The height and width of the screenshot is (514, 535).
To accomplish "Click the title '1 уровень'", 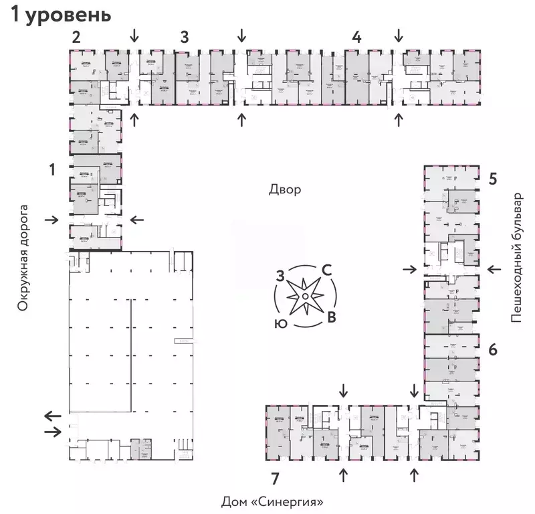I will [60, 15].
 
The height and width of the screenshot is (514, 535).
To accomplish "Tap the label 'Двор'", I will [285, 189].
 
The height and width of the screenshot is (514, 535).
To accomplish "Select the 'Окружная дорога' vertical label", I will [25, 258].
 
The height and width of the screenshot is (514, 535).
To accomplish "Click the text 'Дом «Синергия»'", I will [277, 501].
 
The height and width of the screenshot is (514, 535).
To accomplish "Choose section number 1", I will [51, 171].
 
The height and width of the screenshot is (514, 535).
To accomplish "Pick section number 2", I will [76, 37].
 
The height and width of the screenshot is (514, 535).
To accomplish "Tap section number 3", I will [184, 37].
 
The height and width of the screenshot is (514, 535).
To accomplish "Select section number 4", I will [357, 37].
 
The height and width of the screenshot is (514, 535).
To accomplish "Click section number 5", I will [492, 179].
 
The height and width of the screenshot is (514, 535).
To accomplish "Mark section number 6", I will [492, 349].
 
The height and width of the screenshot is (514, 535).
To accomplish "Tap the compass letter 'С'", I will [327, 270].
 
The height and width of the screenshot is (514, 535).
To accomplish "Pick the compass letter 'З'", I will [281, 274].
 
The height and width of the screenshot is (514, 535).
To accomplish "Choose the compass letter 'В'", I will [330, 317].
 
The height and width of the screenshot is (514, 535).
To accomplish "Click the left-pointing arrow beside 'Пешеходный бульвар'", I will [494, 269].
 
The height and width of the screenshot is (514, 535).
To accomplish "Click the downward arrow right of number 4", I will [399, 34].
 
